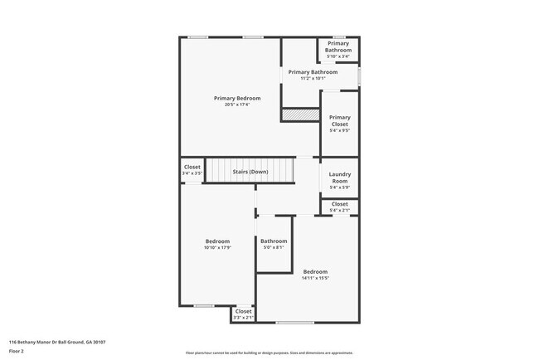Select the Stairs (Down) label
pos(250,172)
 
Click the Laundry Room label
pos(339,177)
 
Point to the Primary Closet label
pos(339,121)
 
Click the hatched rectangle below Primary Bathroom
pos(300,115)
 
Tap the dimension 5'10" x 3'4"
pos(337,56)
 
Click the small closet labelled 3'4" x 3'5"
pos(192,169)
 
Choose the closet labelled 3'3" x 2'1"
pos(243,314)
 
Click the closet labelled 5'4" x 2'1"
pos(339,207)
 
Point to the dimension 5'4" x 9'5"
pos(339,130)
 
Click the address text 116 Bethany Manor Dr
pos(57,342)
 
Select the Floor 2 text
pos(17,352)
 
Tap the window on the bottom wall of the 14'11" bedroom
pos(294,322)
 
